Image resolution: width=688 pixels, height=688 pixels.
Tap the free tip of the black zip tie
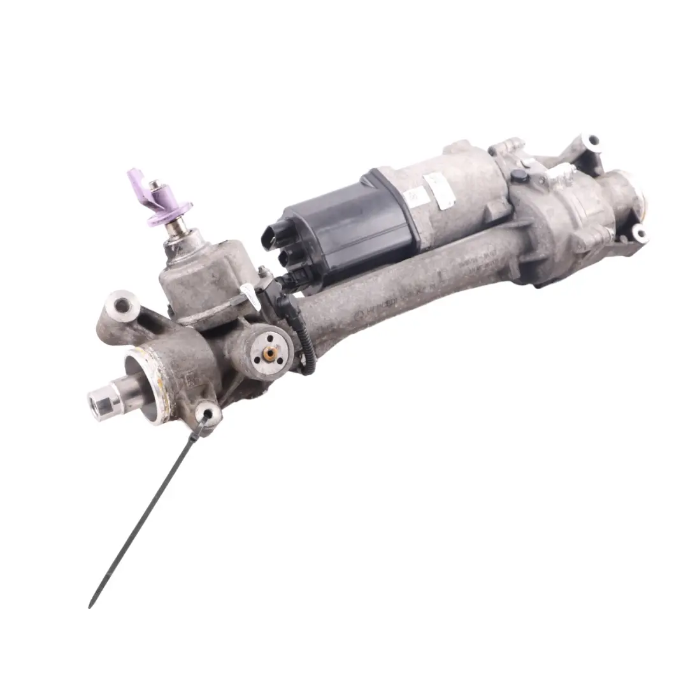point(90,606)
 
